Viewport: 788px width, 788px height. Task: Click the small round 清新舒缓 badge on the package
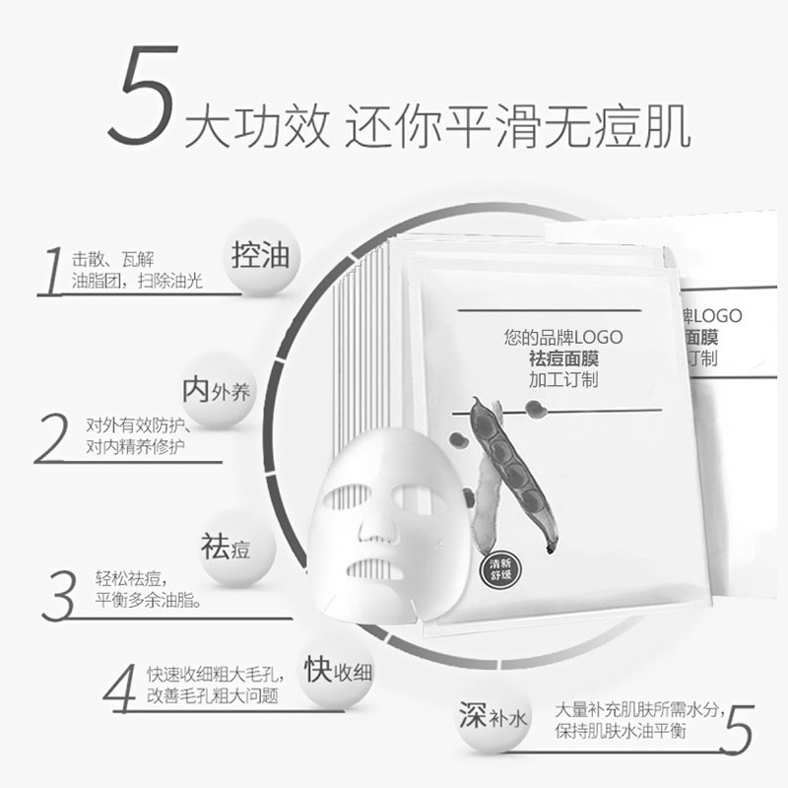(x=497, y=570)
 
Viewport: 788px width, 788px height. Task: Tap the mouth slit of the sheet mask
(x=370, y=568)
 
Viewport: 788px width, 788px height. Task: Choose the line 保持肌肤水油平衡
(x=632, y=730)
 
